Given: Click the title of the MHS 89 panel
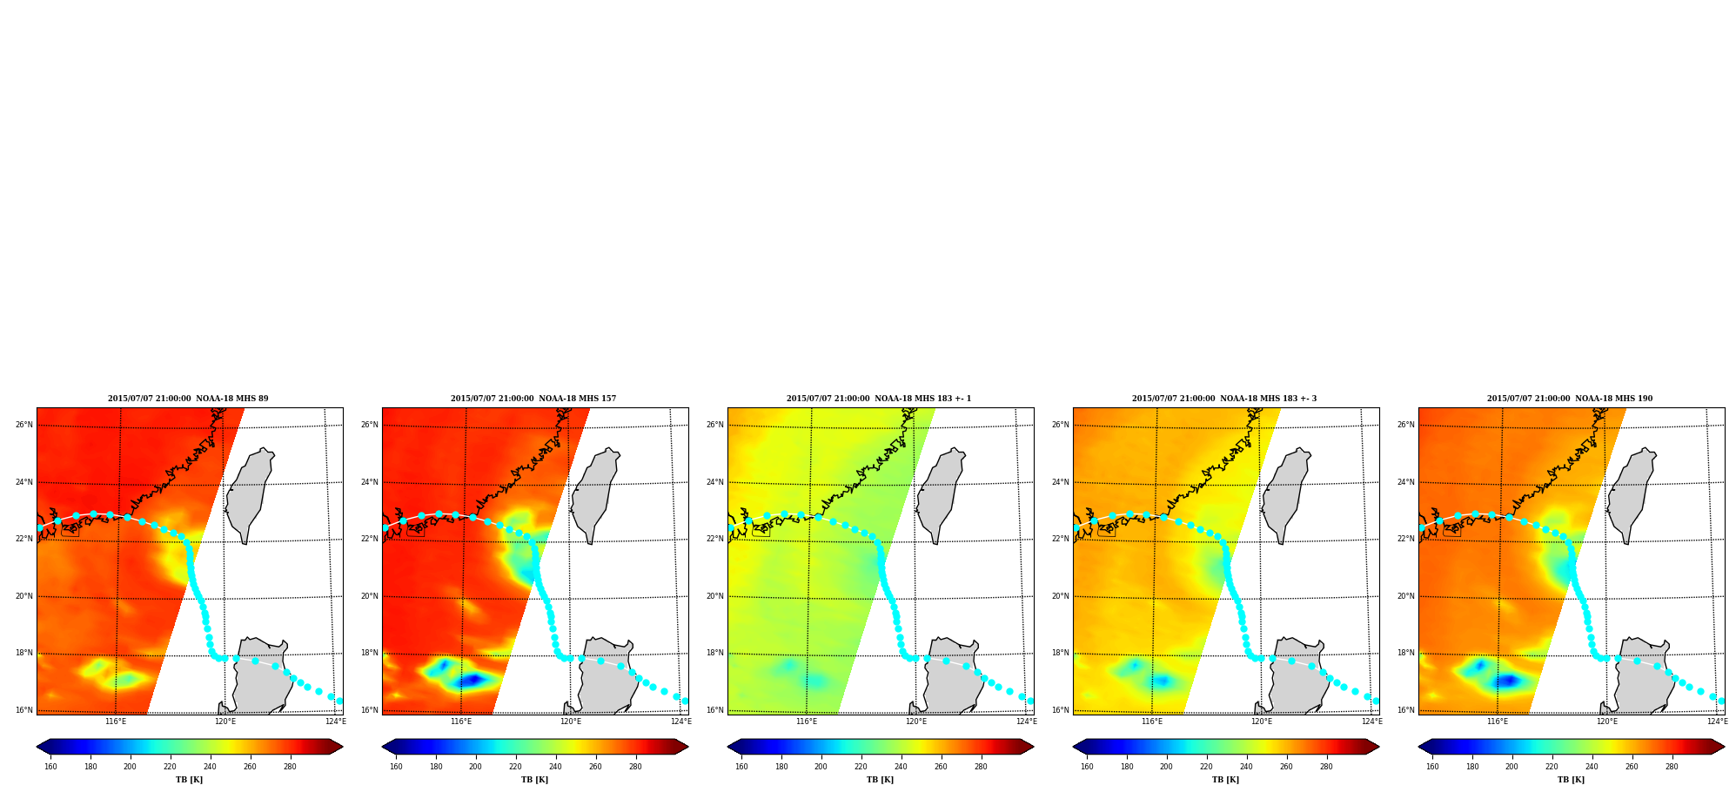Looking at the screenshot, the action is [188, 399].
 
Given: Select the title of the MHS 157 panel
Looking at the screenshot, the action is [533, 399].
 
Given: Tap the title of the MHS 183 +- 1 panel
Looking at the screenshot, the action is [879, 399].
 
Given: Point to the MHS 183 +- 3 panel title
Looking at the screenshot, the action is [1224, 399].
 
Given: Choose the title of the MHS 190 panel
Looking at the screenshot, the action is [1570, 399].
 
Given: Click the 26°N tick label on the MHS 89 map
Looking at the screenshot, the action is [24, 425].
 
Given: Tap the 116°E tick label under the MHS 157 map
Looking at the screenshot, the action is [461, 722].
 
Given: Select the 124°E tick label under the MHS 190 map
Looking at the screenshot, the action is [1717, 722].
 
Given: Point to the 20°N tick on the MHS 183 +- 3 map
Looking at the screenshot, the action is [1061, 596].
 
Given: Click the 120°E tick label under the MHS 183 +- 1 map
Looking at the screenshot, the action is [916, 722].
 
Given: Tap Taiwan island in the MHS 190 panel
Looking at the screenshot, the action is [1632, 494].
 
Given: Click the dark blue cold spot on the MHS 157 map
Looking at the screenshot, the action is [472, 680].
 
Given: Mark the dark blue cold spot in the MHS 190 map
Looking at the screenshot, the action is [1508, 680].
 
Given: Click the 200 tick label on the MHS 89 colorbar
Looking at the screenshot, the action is [130, 767].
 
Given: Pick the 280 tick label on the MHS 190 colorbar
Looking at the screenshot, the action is [1672, 767].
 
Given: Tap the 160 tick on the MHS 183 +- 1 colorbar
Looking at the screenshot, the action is [741, 767].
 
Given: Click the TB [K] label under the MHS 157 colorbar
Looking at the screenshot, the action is [534, 780].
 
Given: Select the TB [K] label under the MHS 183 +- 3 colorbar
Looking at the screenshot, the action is [1225, 780].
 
